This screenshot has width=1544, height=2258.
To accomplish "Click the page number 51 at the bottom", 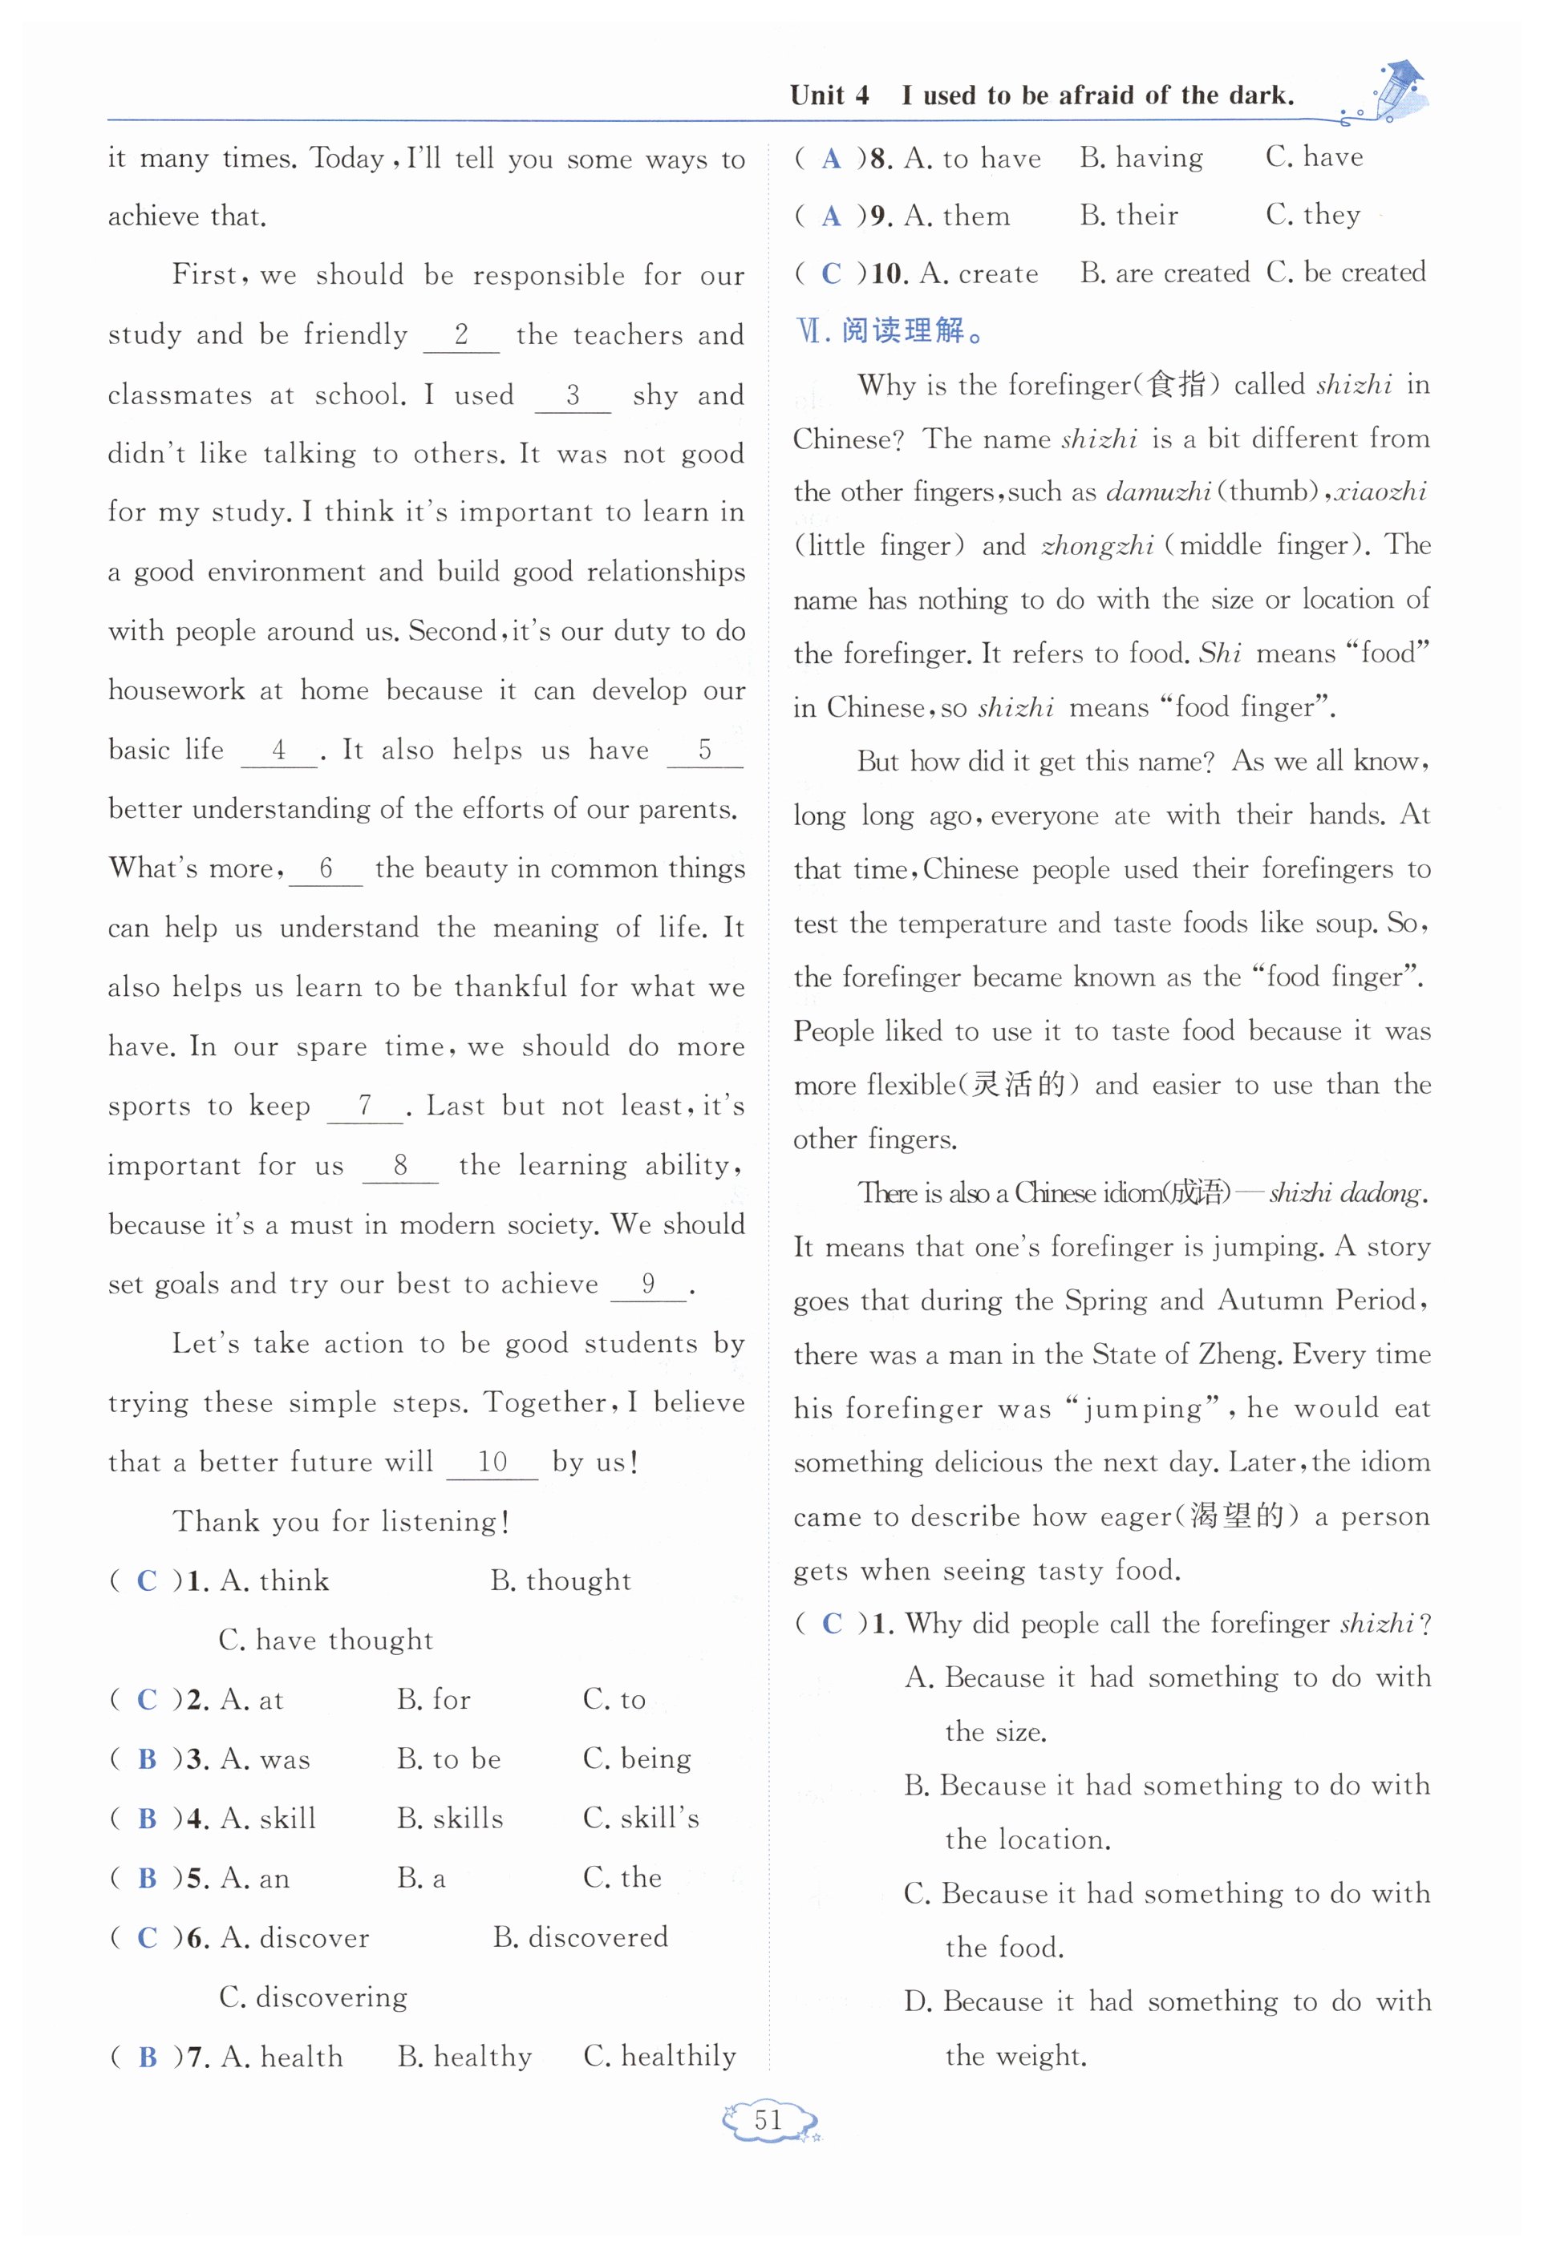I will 768,2121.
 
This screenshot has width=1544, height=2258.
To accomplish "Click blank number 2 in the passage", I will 461,335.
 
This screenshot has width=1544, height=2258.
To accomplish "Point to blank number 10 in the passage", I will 492,1463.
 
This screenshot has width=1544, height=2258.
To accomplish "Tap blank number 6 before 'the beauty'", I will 326,868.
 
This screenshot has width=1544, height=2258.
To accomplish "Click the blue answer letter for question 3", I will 148,1759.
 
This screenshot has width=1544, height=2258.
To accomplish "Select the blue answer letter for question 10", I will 831,273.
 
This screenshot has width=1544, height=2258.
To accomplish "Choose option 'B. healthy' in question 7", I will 464,2057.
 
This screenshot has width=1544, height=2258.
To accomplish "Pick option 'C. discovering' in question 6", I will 313,1997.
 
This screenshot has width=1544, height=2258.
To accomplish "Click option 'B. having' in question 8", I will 1141,157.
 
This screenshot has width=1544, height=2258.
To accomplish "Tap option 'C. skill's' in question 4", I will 640,1818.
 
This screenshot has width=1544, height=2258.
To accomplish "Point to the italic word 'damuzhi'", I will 1157,492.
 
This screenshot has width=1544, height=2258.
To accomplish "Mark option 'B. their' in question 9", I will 1129,215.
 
